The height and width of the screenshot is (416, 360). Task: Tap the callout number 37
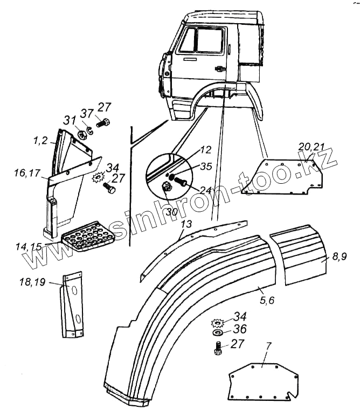click(x=87, y=113)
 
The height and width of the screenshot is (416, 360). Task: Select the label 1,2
click(x=41, y=141)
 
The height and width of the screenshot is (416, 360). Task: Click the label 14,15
click(x=28, y=246)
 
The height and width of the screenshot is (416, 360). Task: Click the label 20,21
click(x=311, y=147)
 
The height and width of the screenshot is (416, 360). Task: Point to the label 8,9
click(x=340, y=256)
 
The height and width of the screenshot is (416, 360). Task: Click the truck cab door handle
click(x=219, y=68)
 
